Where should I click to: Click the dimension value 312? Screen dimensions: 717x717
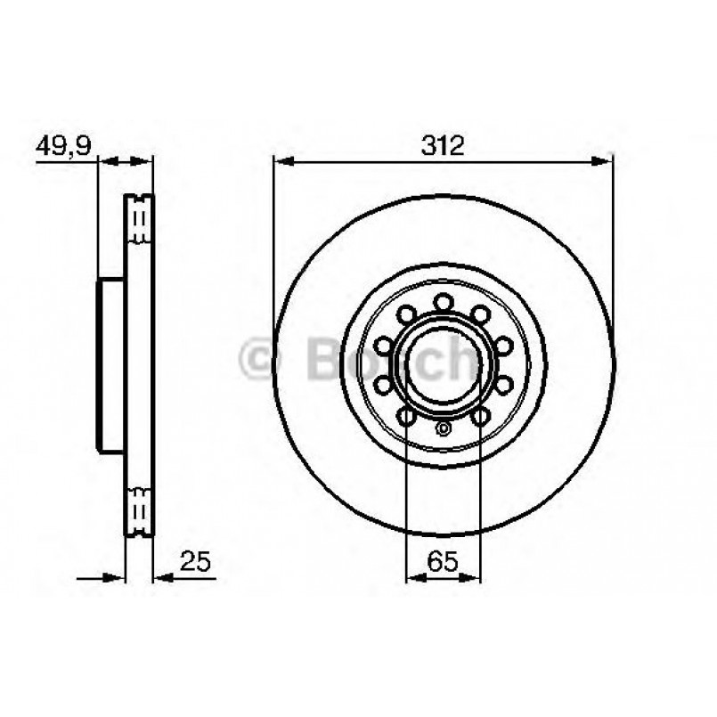pos(443,146)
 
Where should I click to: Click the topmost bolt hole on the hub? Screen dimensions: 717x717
pos(444,303)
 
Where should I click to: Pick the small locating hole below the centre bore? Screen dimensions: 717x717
pos(444,429)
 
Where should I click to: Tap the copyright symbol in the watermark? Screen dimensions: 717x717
pos(262,359)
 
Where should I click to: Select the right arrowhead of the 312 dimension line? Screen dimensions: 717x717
pos(606,162)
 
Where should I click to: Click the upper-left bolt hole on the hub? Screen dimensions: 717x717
pos(406,314)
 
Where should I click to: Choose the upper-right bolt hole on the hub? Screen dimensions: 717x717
pos(481,314)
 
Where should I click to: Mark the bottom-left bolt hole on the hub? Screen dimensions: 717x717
pos(406,416)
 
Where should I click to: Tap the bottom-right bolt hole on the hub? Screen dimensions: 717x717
pos(481,416)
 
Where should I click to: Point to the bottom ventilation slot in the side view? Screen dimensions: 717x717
pos(139,511)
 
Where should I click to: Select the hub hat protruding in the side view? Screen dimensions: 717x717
pos(110,365)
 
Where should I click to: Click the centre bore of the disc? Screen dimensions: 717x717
pos(444,365)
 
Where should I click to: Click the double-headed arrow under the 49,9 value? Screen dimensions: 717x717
pos(125,162)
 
